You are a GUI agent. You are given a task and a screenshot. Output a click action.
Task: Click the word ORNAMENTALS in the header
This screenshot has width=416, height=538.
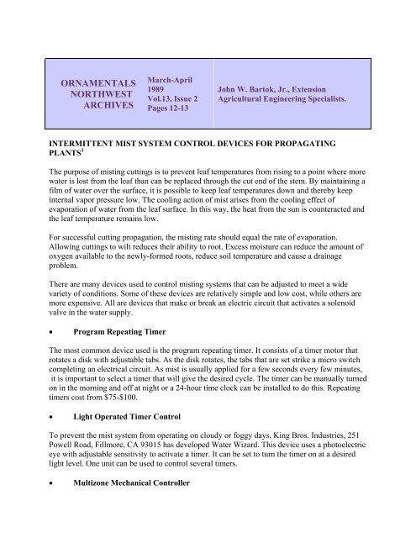[94, 84]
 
